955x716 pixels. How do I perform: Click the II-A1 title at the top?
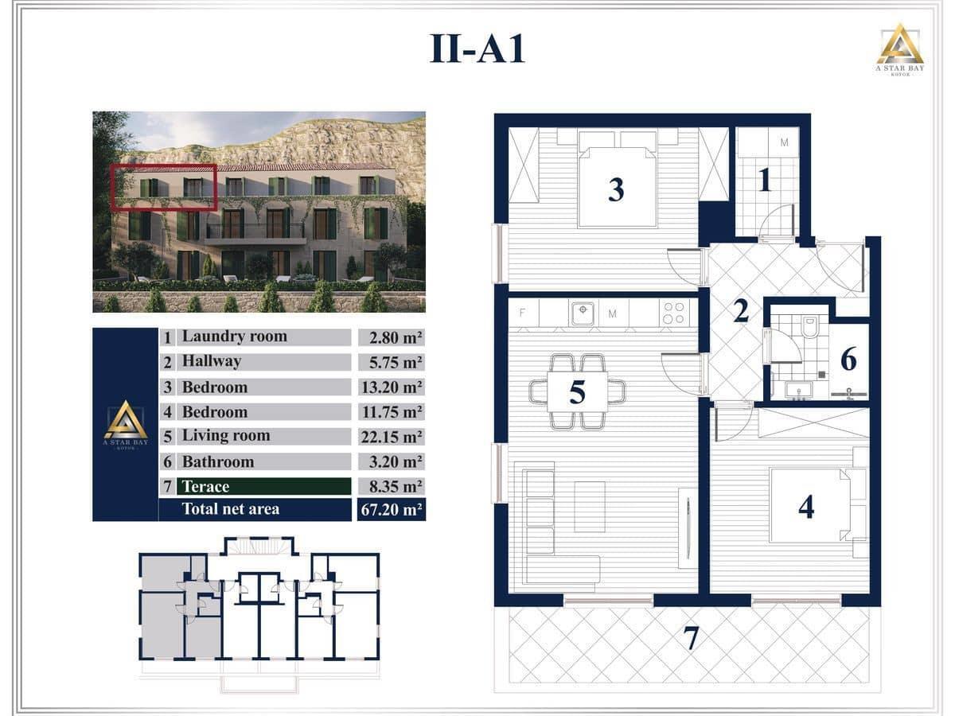(477, 49)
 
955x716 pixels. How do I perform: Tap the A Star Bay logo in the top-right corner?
(899, 47)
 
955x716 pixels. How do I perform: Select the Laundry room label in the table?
(234, 337)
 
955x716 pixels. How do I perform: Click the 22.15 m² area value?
(391, 437)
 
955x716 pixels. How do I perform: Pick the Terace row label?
(205, 487)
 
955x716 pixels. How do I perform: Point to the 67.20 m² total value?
(391, 510)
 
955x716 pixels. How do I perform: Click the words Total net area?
(231, 509)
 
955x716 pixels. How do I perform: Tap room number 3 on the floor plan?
(616, 189)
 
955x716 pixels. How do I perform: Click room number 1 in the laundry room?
(765, 181)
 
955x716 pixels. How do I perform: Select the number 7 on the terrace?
(691, 639)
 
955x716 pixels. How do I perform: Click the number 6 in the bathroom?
(848, 360)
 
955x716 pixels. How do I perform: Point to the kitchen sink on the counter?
(583, 313)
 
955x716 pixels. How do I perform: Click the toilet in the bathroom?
(809, 327)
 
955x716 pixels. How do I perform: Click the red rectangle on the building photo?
(164, 188)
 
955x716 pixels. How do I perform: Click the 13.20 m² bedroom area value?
(391, 387)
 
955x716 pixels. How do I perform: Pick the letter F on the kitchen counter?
(522, 313)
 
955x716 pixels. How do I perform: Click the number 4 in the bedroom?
(806, 506)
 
